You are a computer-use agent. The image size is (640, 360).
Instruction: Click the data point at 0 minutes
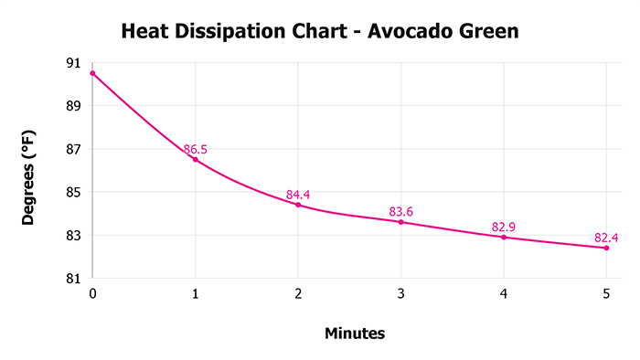click(x=92, y=73)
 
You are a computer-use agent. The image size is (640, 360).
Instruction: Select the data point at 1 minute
click(x=195, y=160)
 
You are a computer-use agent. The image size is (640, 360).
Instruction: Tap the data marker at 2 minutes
click(x=298, y=205)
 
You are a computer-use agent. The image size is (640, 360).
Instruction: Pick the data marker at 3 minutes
click(x=400, y=222)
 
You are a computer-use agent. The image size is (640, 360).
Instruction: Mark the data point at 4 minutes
click(x=504, y=238)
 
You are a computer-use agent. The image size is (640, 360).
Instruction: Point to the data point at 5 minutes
click(x=606, y=248)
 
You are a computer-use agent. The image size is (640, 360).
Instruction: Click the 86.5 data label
click(x=197, y=149)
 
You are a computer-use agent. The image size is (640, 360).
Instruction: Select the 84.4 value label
click(x=299, y=195)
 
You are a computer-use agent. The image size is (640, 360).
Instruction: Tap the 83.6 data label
click(x=401, y=212)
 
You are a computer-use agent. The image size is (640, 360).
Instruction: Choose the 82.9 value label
click(x=504, y=227)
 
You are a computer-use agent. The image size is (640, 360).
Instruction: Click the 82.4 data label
click(x=606, y=238)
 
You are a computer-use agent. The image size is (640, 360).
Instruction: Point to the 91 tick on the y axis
click(x=72, y=63)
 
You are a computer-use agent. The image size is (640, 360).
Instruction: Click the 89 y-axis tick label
click(x=72, y=106)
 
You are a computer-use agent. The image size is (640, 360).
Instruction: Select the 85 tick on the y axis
click(x=72, y=193)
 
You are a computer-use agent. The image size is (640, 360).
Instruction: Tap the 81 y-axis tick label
click(x=72, y=279)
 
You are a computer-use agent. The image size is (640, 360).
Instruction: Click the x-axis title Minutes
click(x=355, y=334)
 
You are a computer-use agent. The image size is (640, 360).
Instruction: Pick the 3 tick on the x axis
click(x=400, y=295)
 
